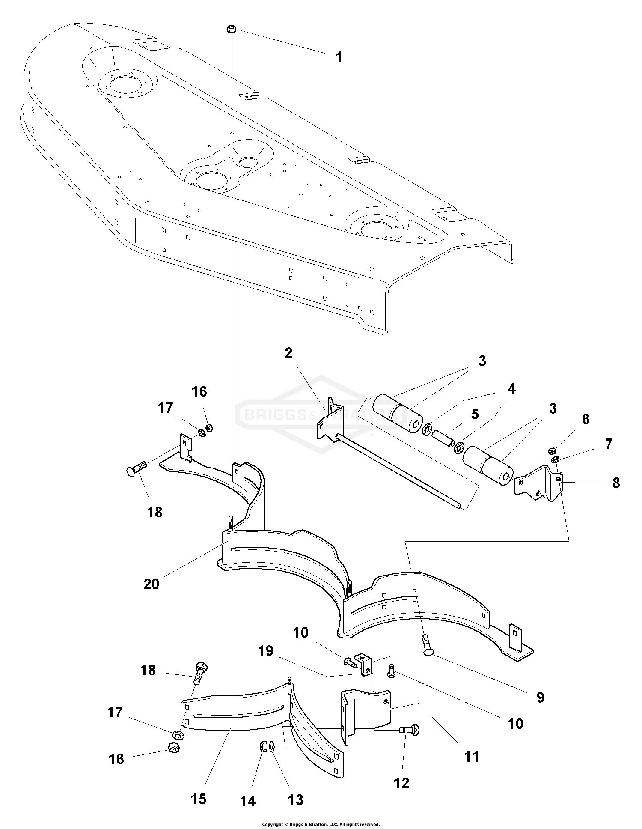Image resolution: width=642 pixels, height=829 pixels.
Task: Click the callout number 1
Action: pyautogui.click(x=339, y=57)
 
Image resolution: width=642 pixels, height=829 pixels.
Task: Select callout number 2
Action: pyautogui.click(x=288, y=353)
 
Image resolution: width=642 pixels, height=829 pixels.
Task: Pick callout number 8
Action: pyautogui.click(x=616, y=483)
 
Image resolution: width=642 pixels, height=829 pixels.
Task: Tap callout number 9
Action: pyautogui.click(x=541, y=698)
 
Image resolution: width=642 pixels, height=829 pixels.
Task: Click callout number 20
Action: pyautogui.click(x=151, y=584)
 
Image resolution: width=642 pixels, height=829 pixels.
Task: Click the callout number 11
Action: pyautogui.click(x=472, y=757)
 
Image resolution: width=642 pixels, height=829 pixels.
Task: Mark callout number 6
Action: pyautogui.click(x=585, y=419)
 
